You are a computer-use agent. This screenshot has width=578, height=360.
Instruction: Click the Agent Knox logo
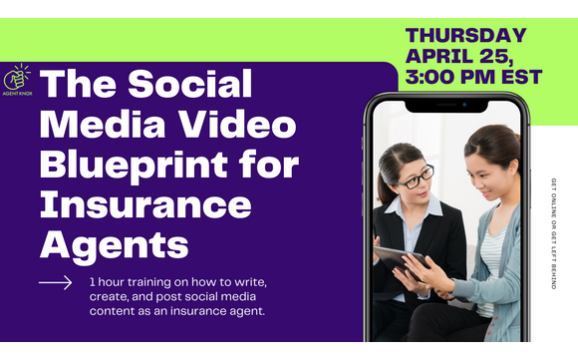coord(20,83)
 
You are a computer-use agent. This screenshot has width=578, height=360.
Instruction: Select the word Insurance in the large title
coord(145,204)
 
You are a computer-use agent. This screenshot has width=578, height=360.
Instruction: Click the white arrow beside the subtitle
coord(55,283)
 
